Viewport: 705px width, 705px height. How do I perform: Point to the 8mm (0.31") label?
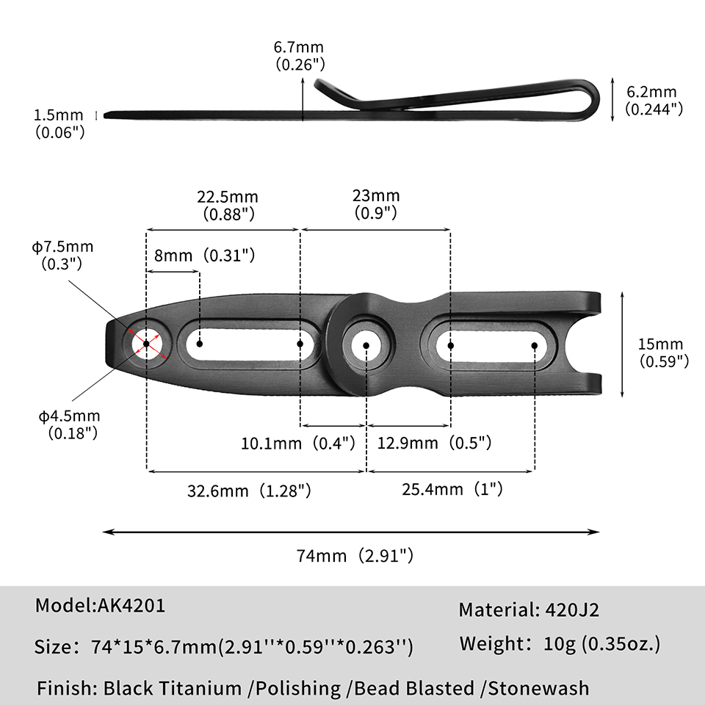tap(205, 256)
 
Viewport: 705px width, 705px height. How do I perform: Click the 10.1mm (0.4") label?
tap(298, 444)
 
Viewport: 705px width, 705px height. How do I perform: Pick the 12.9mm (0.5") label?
tap(434, 443)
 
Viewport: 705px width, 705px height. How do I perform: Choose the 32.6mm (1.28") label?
tap(249, 491)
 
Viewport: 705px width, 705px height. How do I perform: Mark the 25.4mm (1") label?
tap(452, 489)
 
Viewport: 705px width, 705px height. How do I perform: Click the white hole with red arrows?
tap(147, 344)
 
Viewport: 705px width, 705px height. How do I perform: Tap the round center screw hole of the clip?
tap(366, 346)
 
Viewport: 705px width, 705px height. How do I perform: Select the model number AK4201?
tap(131, 606)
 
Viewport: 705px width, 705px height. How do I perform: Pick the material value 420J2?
tap(572, 610)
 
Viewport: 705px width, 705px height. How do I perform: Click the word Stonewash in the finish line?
tap(538, 688)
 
